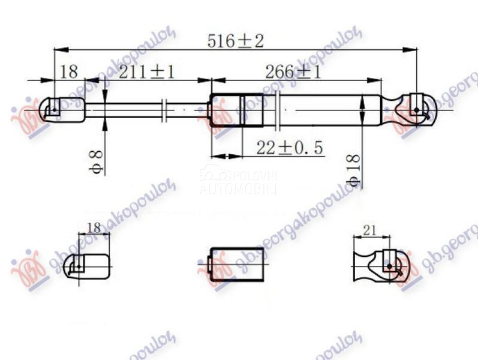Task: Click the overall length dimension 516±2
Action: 235,41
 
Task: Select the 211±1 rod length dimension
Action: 146,73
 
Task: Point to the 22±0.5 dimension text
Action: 289,148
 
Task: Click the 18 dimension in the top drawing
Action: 69,73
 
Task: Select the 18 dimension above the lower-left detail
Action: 94,228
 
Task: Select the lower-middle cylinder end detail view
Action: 235,264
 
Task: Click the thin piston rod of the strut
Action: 132,110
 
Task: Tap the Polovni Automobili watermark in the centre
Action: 238,182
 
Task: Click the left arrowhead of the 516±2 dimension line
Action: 58,49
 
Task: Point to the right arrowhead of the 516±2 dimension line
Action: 414,49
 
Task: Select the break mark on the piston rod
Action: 165,110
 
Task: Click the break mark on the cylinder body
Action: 278,110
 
